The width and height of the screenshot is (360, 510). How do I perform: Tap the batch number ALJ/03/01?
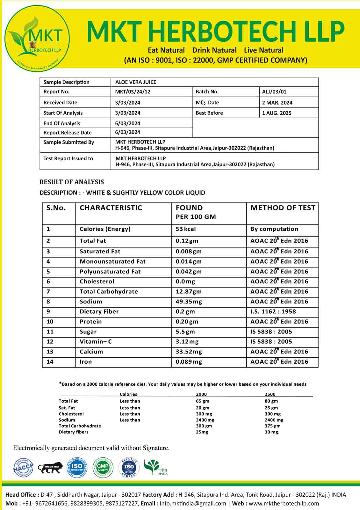click(274, 92)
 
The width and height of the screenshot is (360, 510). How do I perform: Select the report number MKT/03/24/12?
click(133, 92)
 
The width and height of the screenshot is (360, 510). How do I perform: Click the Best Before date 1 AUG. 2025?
click(277, 113)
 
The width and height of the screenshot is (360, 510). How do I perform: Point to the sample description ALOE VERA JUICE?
click(136, 82)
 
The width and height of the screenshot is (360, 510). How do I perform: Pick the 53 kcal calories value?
click(185, 229)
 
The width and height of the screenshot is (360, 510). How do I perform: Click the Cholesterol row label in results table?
click(97, 281)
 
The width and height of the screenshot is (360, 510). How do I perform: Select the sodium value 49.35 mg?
click(189, 302)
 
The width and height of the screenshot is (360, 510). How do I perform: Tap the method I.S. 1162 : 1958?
click(273, 311)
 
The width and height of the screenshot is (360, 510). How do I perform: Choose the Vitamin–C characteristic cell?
click(96, 341)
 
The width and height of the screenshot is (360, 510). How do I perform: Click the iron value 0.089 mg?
click(189, 361)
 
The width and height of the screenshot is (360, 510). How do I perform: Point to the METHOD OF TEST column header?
click(283, 208)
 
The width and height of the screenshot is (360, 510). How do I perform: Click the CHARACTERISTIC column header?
click(111, 208)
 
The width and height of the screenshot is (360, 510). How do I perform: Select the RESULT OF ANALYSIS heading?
click(72, 182)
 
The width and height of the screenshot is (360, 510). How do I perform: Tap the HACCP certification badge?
click(23, 468)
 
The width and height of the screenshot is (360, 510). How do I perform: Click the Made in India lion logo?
click(50, 468)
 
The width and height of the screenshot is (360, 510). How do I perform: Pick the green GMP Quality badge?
click(103, 468)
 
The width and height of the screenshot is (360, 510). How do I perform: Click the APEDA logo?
click(156, 467)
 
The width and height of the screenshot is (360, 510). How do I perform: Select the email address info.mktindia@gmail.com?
click(193, 503)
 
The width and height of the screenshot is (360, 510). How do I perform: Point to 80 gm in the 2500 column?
click(271, 401)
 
